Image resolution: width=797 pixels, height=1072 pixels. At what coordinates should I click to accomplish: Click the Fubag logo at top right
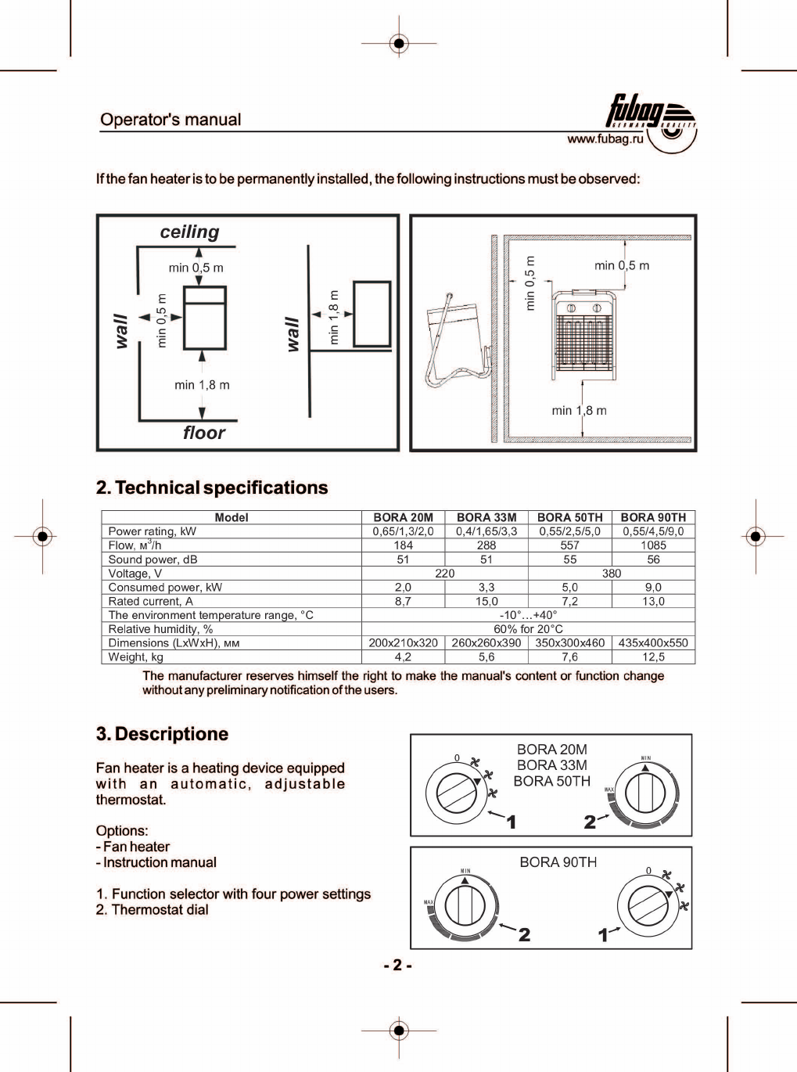[x=651, y=117]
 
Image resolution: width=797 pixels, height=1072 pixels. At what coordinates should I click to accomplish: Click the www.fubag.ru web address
[x=605, y=139]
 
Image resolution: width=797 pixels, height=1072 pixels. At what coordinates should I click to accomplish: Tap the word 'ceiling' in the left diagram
[x=190, y=232]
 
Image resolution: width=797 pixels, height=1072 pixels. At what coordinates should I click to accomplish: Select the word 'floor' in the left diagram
[x=203, y=433]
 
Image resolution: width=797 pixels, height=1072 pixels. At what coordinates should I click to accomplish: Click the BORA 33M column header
[x=486, y=517]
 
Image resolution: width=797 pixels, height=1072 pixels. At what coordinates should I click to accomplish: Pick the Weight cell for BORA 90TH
[x=653, y=657]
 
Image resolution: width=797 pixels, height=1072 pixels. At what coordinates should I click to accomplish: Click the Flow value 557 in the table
[x=569, y=545]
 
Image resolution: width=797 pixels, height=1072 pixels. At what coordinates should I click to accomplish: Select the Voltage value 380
[x=612, y=574]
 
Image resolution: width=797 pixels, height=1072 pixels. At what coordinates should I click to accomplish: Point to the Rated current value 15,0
[x=486, y=602]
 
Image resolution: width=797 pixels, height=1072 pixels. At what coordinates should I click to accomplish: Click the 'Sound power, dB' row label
[x=153, y=559]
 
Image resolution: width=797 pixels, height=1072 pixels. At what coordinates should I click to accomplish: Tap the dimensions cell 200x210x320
[x=403, y=643]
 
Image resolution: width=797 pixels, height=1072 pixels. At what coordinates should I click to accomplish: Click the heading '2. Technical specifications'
[x=212, y=488]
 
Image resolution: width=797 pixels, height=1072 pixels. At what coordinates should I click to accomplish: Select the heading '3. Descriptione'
[x=162, y=734]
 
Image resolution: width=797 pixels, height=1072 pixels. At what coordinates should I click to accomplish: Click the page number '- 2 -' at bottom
[x=397, y=965]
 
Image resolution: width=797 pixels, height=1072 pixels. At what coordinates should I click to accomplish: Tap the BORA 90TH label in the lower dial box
[x=558, y=862]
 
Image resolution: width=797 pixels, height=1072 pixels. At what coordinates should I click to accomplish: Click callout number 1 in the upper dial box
[x=511, y=822]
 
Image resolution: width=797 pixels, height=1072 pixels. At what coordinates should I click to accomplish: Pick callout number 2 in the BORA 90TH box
[x=524, y=934]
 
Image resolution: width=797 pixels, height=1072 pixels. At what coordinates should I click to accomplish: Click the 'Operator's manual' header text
[x=171, y=120]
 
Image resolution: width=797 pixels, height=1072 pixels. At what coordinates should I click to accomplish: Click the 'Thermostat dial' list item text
[x=160, y=910]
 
